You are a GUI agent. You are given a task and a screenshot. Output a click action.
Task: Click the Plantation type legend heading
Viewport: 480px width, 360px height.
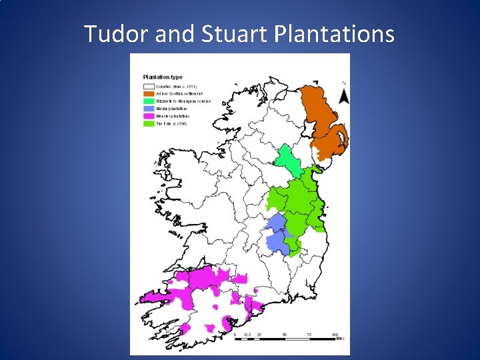point(163,77)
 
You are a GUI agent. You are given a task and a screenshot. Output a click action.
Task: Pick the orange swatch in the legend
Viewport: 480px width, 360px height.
point(148,94)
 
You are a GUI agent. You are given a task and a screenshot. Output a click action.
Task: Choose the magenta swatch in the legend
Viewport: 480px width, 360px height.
point(148,116)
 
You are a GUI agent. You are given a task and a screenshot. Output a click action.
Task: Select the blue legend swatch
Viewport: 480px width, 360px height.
point(148,109)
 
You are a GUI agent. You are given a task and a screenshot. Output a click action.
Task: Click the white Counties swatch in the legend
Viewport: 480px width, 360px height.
point(148,87)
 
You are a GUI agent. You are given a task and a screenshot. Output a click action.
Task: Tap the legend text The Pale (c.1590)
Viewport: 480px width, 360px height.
point(171,123)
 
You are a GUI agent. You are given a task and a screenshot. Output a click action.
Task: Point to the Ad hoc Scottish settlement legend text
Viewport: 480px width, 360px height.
point(179,94)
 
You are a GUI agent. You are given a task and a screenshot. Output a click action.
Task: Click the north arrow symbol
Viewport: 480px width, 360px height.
point(344,96)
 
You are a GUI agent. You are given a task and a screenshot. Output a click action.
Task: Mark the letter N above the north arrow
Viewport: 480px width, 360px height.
point(344,83)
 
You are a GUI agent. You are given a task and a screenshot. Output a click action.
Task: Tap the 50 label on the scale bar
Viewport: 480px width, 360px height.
point(285,333)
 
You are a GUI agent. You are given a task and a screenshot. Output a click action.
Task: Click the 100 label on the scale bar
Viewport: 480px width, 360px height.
point(334,333)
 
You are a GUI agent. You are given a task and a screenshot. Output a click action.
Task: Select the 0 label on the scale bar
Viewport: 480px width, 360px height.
point(235,333)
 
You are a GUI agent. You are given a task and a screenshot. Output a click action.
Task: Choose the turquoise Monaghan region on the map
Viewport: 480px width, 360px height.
point(288,160)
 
